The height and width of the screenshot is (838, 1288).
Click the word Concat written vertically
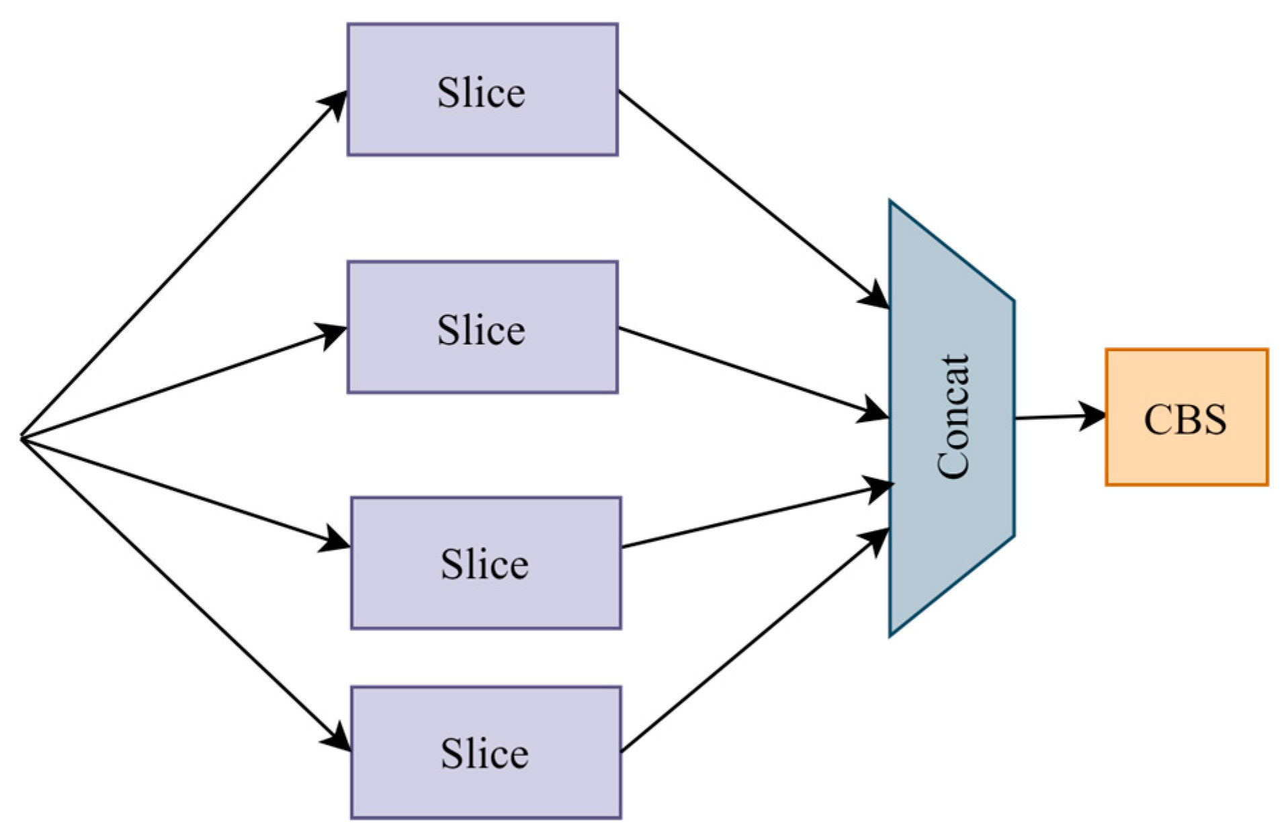[x=953, y=416]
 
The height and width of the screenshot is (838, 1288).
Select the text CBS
[x=1185, y=419]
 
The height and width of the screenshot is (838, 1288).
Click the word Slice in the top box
[x=481, y=92]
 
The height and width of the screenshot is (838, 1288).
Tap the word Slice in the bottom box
[x=484, y=753]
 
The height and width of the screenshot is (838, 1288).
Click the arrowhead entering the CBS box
[x=1093, y=416]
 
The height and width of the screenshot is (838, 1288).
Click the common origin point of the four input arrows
[x=22, y=438]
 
